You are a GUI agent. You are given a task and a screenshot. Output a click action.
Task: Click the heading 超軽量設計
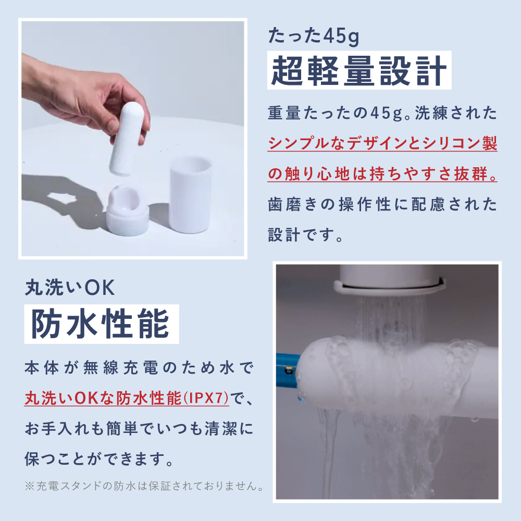point(359,70)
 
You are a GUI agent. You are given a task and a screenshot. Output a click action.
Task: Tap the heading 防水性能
point(101,324)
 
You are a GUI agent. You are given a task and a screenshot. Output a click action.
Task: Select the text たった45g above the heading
point(314,36)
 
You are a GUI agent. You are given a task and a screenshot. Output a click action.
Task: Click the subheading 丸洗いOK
point(70,288)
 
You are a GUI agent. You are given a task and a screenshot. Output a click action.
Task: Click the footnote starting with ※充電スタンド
point(145,486)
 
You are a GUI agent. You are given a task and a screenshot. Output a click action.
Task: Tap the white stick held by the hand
point(127,138)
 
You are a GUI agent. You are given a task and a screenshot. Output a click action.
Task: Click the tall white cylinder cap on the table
point(190,195)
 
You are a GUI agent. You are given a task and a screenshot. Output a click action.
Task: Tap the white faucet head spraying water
point(389,279)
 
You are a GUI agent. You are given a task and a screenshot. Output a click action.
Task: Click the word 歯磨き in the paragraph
point(292,204)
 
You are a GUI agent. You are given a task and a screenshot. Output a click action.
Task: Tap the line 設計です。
point(305,235)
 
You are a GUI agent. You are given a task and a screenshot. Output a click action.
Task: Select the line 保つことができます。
point(99,459)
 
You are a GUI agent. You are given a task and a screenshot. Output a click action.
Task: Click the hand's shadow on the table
point(67,200)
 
